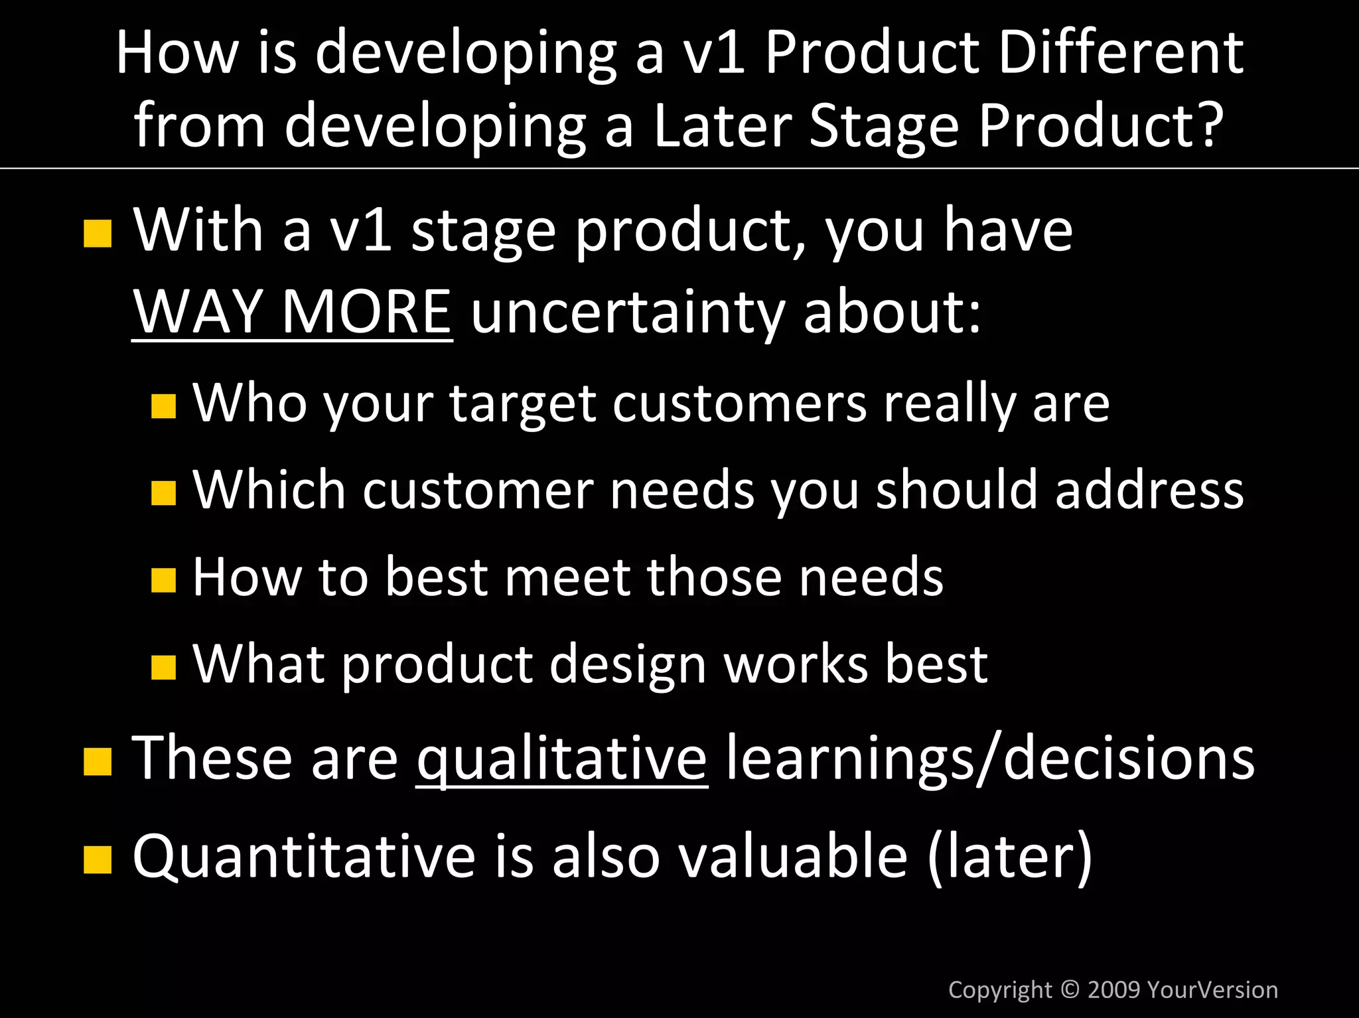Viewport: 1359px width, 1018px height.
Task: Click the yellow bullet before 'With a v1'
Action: click(x=98, y=234)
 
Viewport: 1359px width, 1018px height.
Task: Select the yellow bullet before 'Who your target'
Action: click(x=163, y=406)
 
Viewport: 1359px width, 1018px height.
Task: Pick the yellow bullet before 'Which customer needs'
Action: click(x=163, y=493)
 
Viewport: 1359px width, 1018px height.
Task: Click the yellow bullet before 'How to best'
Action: click(x=163, y=580)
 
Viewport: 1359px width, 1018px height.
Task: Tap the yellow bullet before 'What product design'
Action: click(x=163, y=668)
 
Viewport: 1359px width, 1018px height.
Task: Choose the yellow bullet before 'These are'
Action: click(x=98, y=762)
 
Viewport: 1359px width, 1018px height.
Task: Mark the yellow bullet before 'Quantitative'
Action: click(x=98, y=860)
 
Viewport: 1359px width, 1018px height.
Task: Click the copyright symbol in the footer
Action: click(x=1070, y=989)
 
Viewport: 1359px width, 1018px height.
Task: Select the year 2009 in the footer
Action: click(x=1114, y=989)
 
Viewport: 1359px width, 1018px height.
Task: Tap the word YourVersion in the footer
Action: click(x=1212, y=989)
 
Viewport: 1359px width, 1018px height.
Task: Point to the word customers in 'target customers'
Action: click(x=739, y=403)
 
